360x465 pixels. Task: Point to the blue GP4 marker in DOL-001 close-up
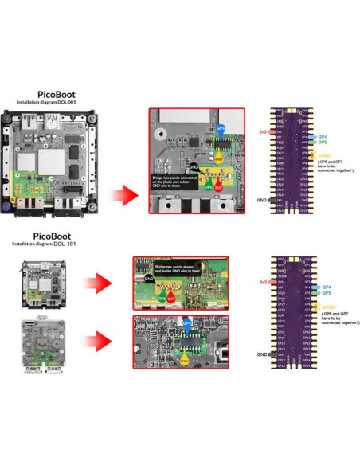click(221, 128)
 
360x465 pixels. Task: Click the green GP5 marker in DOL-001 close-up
click(209, 186)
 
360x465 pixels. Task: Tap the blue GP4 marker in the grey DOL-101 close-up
click(187, 323)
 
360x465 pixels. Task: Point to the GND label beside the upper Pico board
click(262, 201)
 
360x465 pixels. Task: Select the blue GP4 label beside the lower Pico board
click(324, 286)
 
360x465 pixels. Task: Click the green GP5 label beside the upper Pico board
click(323, 143)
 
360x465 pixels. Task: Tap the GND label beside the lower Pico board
click(262, 354)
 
